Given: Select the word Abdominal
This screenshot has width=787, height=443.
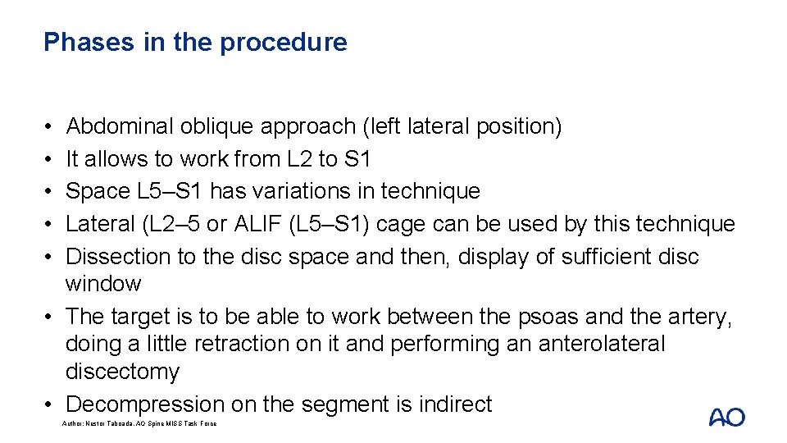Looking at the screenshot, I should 121,126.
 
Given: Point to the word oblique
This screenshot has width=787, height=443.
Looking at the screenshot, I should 218,126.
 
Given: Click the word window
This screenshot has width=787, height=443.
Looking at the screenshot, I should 103,284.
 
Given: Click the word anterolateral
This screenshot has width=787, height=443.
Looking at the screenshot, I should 601,344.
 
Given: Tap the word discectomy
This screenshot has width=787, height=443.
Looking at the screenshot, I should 122,372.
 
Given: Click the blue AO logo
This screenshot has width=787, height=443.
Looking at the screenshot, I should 726,417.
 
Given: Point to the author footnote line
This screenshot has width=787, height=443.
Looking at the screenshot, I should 139,423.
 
